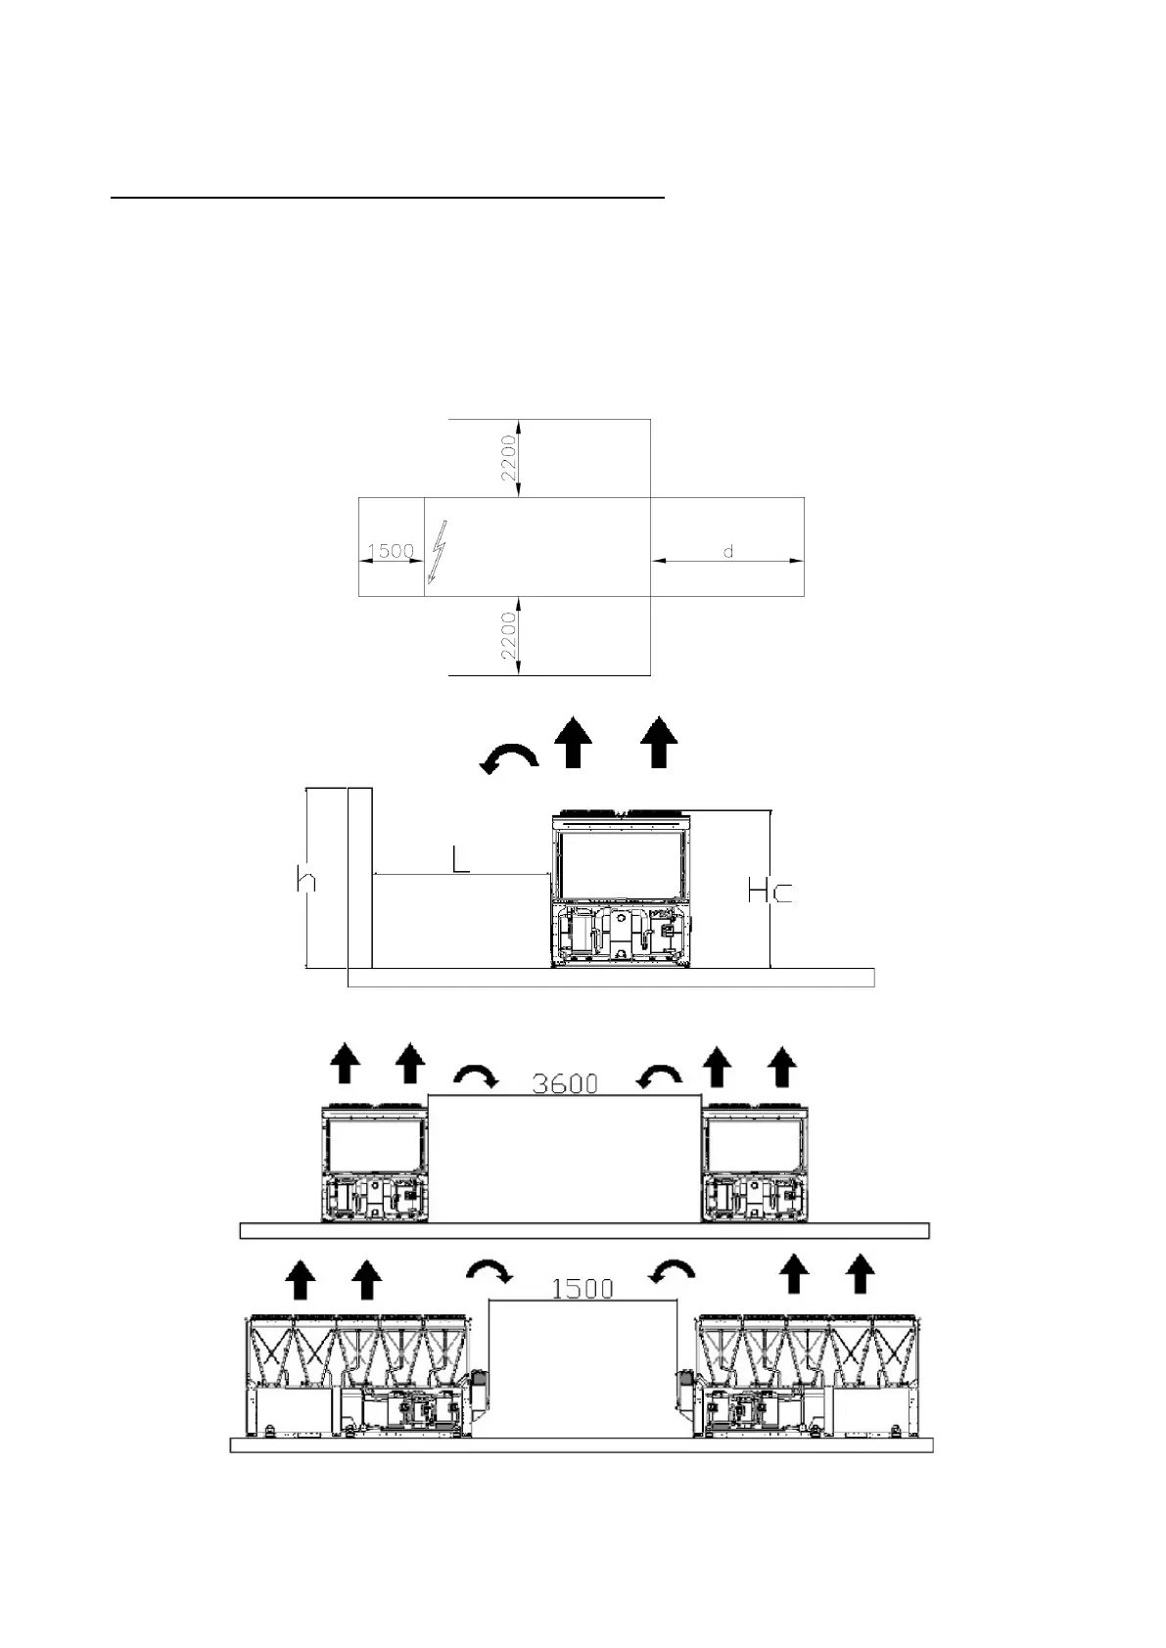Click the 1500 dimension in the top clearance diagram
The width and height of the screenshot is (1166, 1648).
click(x=390, y=551)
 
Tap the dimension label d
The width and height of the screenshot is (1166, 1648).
click(x=728, y=552)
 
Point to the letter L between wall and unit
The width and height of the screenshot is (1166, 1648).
click(x=461, y=860)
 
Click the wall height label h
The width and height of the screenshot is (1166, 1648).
click(x=306, y=880)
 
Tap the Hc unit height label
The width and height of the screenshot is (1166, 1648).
click(x=770, y=892)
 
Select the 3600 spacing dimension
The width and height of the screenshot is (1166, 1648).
click(x=565, y=1083)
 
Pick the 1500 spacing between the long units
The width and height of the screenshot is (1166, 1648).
click(x=583, y=1289)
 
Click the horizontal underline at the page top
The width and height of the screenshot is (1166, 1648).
click(x=388, y=197)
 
